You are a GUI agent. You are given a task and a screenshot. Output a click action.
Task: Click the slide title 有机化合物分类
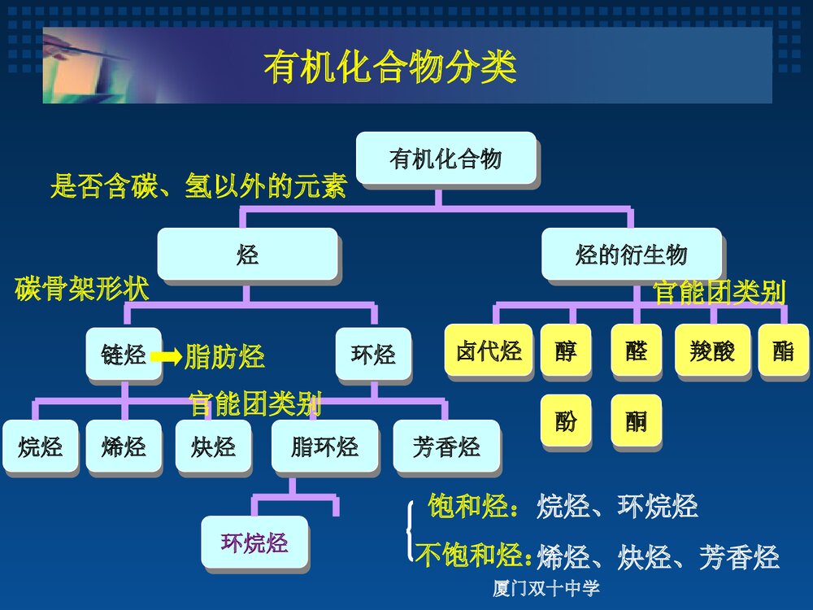390,68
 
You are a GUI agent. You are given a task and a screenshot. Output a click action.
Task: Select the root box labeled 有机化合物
446,158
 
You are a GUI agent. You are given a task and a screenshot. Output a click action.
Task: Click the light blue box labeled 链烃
124,354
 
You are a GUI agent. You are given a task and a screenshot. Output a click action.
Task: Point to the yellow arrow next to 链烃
167,356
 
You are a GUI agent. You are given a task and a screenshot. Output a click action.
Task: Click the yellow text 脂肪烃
224,356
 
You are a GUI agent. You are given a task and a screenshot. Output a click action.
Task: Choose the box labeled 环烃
373,354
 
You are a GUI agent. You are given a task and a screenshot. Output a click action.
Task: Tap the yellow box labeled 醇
566,350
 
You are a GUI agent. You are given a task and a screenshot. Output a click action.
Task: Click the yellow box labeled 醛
636,350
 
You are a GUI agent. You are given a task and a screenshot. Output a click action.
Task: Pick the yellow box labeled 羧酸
712,350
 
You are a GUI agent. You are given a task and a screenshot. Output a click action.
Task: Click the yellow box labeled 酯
783,350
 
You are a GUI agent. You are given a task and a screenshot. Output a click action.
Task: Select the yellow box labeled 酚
566,420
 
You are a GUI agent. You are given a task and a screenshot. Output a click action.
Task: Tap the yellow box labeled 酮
636,420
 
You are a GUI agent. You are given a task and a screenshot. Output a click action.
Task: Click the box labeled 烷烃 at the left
40,446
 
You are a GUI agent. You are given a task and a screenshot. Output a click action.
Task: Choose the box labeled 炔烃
213,446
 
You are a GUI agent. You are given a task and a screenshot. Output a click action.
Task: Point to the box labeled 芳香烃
446,446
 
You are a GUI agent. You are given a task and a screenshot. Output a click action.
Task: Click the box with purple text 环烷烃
254,542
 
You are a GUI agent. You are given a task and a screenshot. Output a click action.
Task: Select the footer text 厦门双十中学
546,589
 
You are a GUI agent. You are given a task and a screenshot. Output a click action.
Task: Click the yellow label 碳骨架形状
81,289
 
